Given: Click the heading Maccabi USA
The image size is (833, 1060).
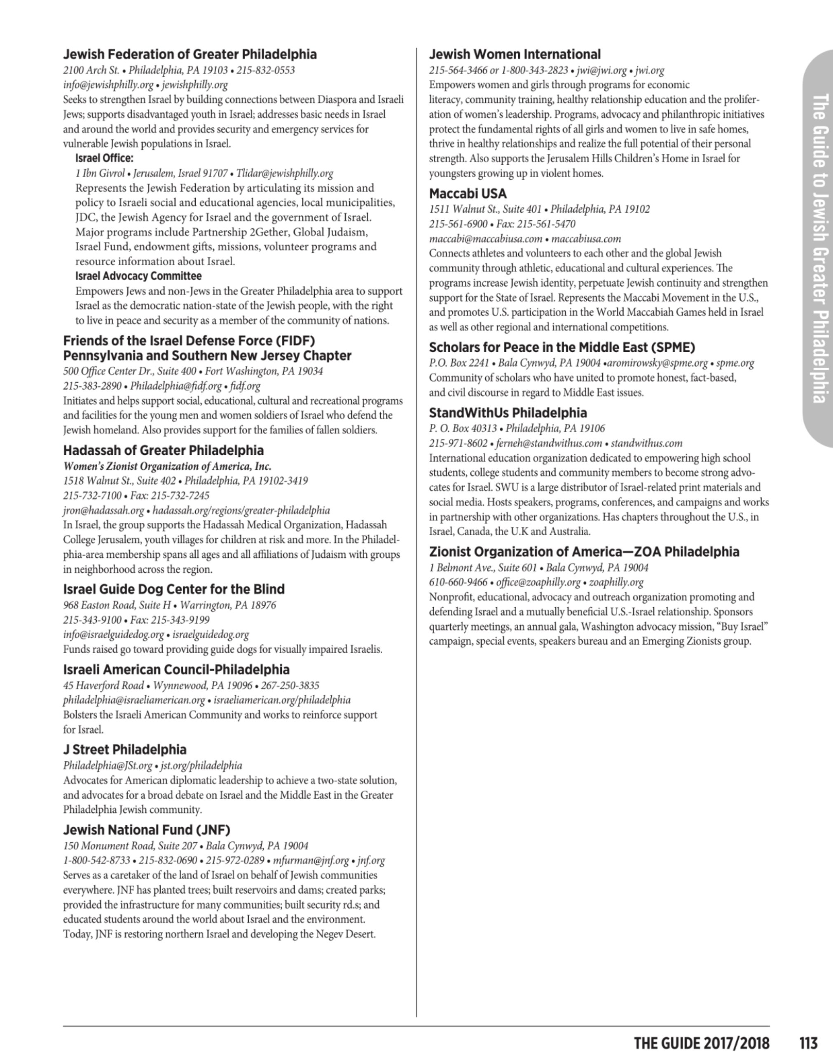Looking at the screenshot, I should coord(468,194).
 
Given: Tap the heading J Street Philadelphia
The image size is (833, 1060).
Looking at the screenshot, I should coord(124,749).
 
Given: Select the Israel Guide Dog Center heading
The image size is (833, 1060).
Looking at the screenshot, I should coord(173,589).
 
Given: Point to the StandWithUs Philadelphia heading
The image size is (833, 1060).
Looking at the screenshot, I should coord(508,413).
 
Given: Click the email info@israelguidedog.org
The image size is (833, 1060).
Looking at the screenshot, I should coord(113,634).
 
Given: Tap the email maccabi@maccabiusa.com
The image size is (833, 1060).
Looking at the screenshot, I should coord(485,239).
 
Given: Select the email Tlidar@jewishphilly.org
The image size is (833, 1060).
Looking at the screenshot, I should coord(285,173).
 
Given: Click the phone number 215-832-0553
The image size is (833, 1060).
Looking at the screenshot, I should coord(266,70).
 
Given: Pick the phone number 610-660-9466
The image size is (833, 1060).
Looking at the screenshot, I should coord(458,582).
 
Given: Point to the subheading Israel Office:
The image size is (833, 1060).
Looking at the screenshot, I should coord(104,159).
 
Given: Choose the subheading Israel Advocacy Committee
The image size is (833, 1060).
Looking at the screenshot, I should coord(138,276).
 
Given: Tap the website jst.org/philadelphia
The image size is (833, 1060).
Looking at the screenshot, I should coord(201,765).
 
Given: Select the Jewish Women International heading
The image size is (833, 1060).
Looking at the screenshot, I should coord(515,54).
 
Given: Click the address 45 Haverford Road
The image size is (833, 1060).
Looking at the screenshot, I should coord(103,685).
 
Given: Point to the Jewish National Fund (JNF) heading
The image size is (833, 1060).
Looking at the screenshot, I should coord(146,830).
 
